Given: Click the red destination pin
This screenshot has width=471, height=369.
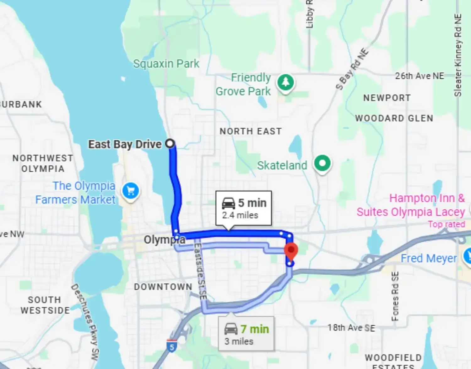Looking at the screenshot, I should click(x=291, y=251).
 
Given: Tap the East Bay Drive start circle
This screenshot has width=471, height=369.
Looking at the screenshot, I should click(x=170, y=144).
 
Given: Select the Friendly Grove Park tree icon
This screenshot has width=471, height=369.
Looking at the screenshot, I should click(x=285, y=82).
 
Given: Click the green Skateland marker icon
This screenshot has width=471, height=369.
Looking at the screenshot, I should click(x=322, y=163).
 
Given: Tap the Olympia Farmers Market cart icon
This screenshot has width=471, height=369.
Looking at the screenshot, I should click(x=131, y=190).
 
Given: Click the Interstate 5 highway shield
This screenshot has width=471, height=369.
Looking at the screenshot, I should click(x=172, y=346).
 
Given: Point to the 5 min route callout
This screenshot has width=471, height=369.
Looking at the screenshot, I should click(x=243, y=208).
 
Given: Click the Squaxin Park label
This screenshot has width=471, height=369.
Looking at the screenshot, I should click(x=166, y=64).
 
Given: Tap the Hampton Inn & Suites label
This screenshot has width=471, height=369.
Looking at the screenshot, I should click(x=411, y=205).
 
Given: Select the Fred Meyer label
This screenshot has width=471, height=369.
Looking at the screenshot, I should click(x=429, y=259).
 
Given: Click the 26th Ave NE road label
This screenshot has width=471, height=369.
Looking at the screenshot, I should click(x=420, y=76).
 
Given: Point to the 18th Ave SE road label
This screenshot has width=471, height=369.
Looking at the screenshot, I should click(x=351, y=328).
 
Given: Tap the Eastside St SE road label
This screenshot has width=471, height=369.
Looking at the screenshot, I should click(x=200, y=272).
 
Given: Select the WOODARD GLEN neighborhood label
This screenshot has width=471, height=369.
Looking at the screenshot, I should click(x=394, y=118).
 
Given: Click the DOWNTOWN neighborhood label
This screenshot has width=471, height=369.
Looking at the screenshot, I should click(x=163, y=287).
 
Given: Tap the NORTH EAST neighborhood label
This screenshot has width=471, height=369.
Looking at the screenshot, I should click(x=251, y=131).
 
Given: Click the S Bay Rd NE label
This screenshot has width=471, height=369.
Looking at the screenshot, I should click(x=352, y=69).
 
